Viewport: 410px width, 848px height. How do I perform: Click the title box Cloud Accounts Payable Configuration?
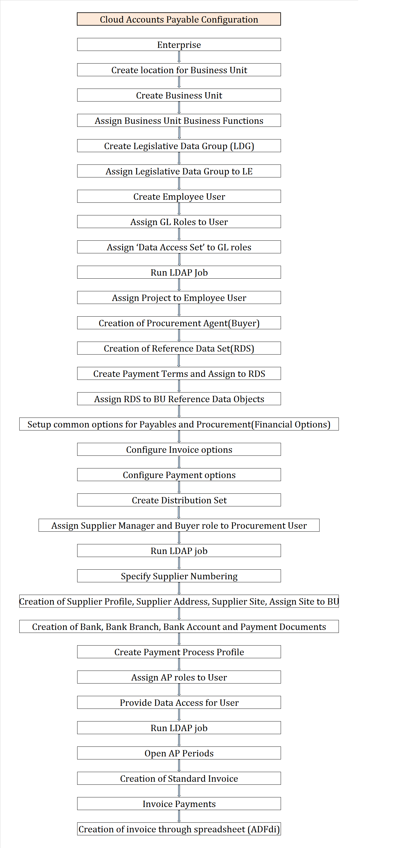click(179, 19)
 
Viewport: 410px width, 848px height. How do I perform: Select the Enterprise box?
click(179, 45)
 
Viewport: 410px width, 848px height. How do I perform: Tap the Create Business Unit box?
click(179, 95)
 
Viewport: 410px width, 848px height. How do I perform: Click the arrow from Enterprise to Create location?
click(179, 57)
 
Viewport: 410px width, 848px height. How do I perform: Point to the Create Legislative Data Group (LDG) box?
click(179, 146)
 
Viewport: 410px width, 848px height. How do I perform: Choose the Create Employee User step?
click(179, 196)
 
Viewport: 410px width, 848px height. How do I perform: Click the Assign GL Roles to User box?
click(179, 222)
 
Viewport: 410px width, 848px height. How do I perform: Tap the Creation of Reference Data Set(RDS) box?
click(179, 348)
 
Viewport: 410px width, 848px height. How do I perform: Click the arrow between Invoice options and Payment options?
click(179, 462)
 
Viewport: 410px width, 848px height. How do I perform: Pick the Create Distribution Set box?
click(179, 500)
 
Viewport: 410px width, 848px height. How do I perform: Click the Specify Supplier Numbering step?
click(179, 576)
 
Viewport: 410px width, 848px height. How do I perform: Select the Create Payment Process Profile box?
click(179, 652)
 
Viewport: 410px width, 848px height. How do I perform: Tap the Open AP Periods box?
click(179, 753)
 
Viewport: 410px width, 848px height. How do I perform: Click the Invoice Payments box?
click(179, 804)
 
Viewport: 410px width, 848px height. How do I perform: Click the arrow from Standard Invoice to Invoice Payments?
click(179, 791)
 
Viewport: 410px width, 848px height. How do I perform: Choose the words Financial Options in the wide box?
click(291, 424)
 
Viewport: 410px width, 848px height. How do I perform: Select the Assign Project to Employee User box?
click(179, 298)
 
